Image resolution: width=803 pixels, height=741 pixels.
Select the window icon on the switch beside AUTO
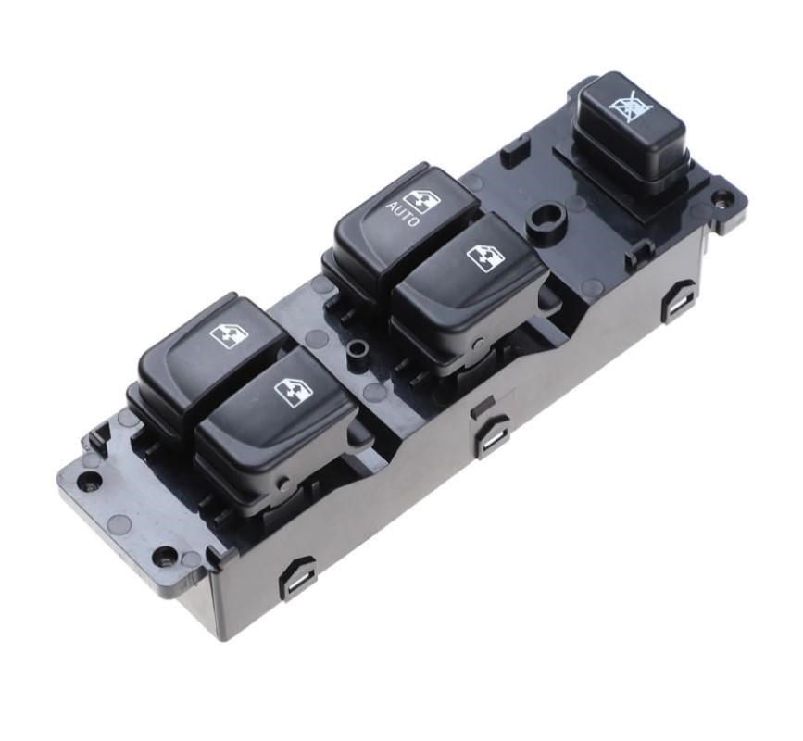coord(484,257)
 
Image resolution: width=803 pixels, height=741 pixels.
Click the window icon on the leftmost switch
coord(229,334)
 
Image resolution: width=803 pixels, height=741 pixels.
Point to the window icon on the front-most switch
coord(294,392)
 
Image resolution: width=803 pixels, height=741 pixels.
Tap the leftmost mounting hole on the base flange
coord(89,482)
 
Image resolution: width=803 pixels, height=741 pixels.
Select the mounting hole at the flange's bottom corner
coord(164,557)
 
